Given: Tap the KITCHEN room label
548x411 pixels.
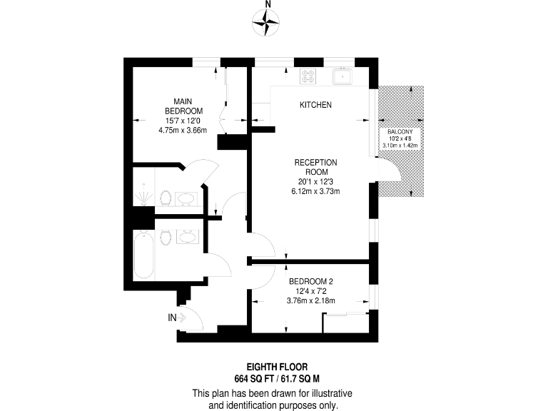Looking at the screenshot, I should (x=315, y=105).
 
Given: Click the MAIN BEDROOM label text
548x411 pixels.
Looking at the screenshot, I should (x=183, y=106).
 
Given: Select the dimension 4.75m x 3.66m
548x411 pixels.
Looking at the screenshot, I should (x=183, y=131).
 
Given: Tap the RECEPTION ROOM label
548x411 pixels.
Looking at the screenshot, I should (x=315, y=167).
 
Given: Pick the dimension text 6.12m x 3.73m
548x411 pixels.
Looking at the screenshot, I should (x=315, y=191).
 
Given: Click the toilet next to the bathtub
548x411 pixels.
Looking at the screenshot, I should (x=164, y=238).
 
